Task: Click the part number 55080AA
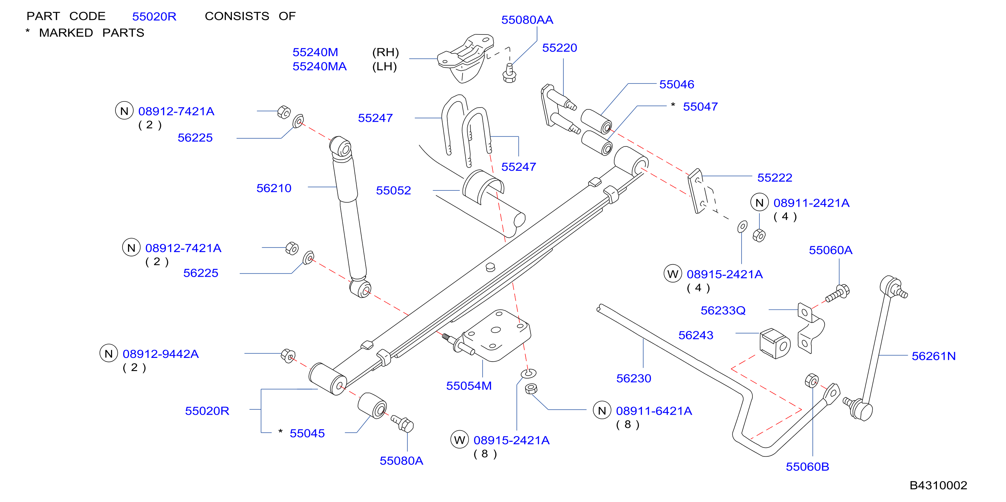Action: coord(527,20)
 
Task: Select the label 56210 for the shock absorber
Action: coord(274,188)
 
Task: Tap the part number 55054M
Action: coord(469,386)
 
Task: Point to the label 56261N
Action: coord(933,356)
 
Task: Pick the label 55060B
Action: coord(807,467)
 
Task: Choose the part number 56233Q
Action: coord(723,311)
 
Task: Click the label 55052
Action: coord(393,190)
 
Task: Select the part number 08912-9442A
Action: coord(160,354)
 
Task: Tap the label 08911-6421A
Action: coord(654,411)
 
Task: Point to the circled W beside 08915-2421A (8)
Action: coord(459,440)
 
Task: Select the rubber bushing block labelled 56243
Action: coord(775,343)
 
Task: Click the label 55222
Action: coord(774,178)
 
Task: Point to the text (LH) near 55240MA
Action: coord(384,67)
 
